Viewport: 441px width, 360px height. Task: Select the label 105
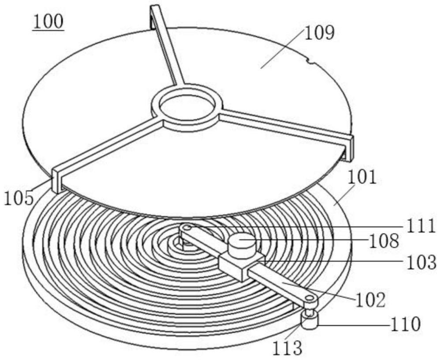point(19,198)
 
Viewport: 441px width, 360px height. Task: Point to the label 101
point(362,178)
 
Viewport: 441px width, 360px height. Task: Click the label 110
point(405,325)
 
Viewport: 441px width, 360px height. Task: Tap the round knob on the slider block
point(241,244)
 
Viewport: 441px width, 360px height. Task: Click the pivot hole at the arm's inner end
point(187,228)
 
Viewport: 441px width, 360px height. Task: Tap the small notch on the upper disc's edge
point(312,63)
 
